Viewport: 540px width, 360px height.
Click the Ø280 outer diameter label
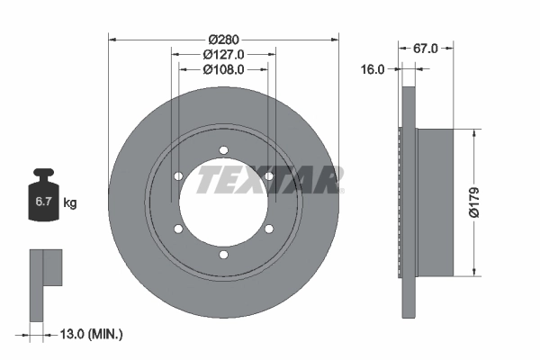tap(222, 39)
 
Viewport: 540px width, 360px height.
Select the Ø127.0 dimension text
tap(222, 54)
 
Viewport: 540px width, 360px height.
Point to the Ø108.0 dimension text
tap(222, 69)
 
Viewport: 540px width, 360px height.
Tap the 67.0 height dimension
tap(425, 49)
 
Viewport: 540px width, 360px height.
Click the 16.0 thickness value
tap(373, 68)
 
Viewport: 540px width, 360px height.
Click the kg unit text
tap(70, 203)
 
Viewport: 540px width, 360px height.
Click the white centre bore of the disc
tap(223, 202)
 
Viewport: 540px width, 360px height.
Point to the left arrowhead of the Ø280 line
tap(112, 39)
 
